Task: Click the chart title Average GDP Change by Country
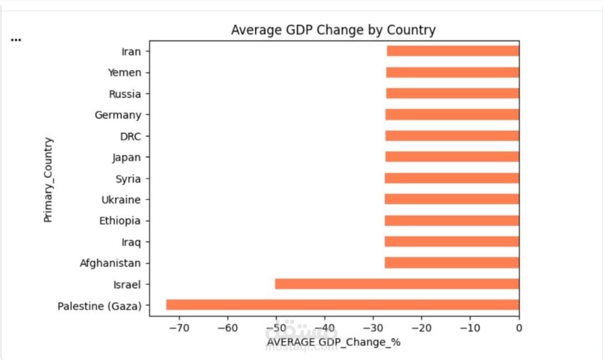click(x=333, y=30)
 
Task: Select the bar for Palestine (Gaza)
click(x=342, y=305)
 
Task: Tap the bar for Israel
click(x=397, y=284)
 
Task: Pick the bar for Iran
click(x=453, y=51)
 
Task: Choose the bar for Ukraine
click(x=452, y=200)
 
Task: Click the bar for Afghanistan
click(x=452, y=263)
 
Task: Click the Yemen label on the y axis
click(x=125, y=73)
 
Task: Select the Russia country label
click(x=125, y=94)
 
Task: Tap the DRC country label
click(x=131, y=136)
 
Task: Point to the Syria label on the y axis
click(x=128, y=179)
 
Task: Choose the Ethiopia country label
click(x=120, y=221)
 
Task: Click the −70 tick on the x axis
click(x=179, y=328)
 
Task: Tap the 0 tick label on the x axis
click(x=519, y=328)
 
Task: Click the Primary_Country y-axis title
click(x=48, y=180)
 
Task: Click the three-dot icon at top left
click(x=16, y=40)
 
